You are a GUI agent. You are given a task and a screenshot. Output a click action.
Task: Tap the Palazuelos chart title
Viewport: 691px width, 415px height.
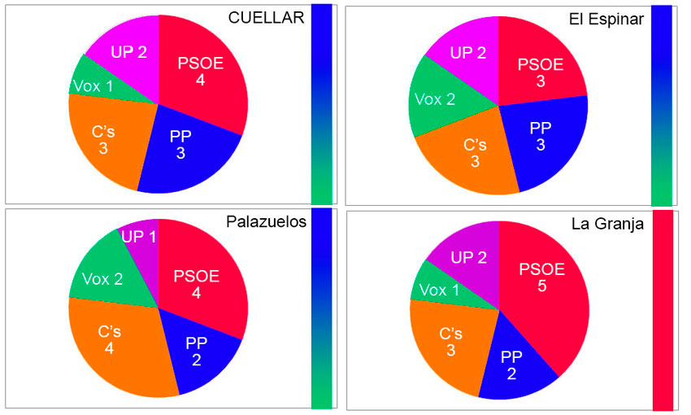(266, 223)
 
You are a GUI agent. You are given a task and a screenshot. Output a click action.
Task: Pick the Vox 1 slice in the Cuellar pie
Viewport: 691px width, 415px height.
(93, 85)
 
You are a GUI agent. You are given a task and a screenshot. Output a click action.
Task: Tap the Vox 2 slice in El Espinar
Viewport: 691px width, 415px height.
(435, 99)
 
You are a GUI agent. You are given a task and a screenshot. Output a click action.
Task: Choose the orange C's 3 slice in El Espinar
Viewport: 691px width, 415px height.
(473, 155)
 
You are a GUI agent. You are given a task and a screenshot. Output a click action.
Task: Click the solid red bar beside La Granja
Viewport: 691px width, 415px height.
(663, 309)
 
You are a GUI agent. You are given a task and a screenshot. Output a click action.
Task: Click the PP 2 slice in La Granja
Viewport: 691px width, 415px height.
(511, 363)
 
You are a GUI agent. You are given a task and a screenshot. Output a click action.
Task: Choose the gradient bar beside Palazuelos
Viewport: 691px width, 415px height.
(321, 308)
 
